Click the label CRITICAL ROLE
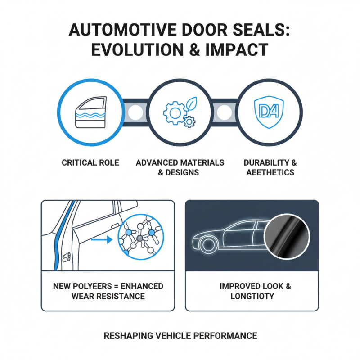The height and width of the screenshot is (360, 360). coord(90,162)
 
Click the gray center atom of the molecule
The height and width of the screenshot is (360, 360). coord(139,237)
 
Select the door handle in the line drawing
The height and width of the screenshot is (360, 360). coord(66,256)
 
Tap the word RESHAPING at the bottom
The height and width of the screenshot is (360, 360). coord(129,336)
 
